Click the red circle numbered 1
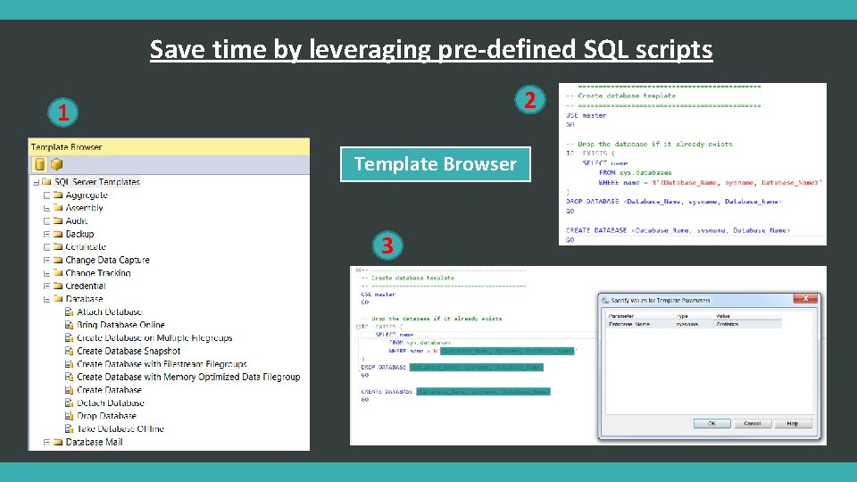pos(62,113)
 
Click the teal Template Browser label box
pos(435,164)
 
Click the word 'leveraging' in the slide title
pos(371,49)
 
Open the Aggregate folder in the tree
pos(87,195)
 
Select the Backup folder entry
pos(79,234)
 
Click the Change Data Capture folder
pos(107,260)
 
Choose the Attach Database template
pos(109,312)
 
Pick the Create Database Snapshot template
pos(129,351)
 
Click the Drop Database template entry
pos(106,416)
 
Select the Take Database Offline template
pos(120,428)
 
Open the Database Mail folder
pos(94,442)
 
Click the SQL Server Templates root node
pos(96,182)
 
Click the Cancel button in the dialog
pos(753,423)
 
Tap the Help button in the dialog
pos(793,423)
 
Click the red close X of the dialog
pos(807,299)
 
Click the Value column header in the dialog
pos(723,316)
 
